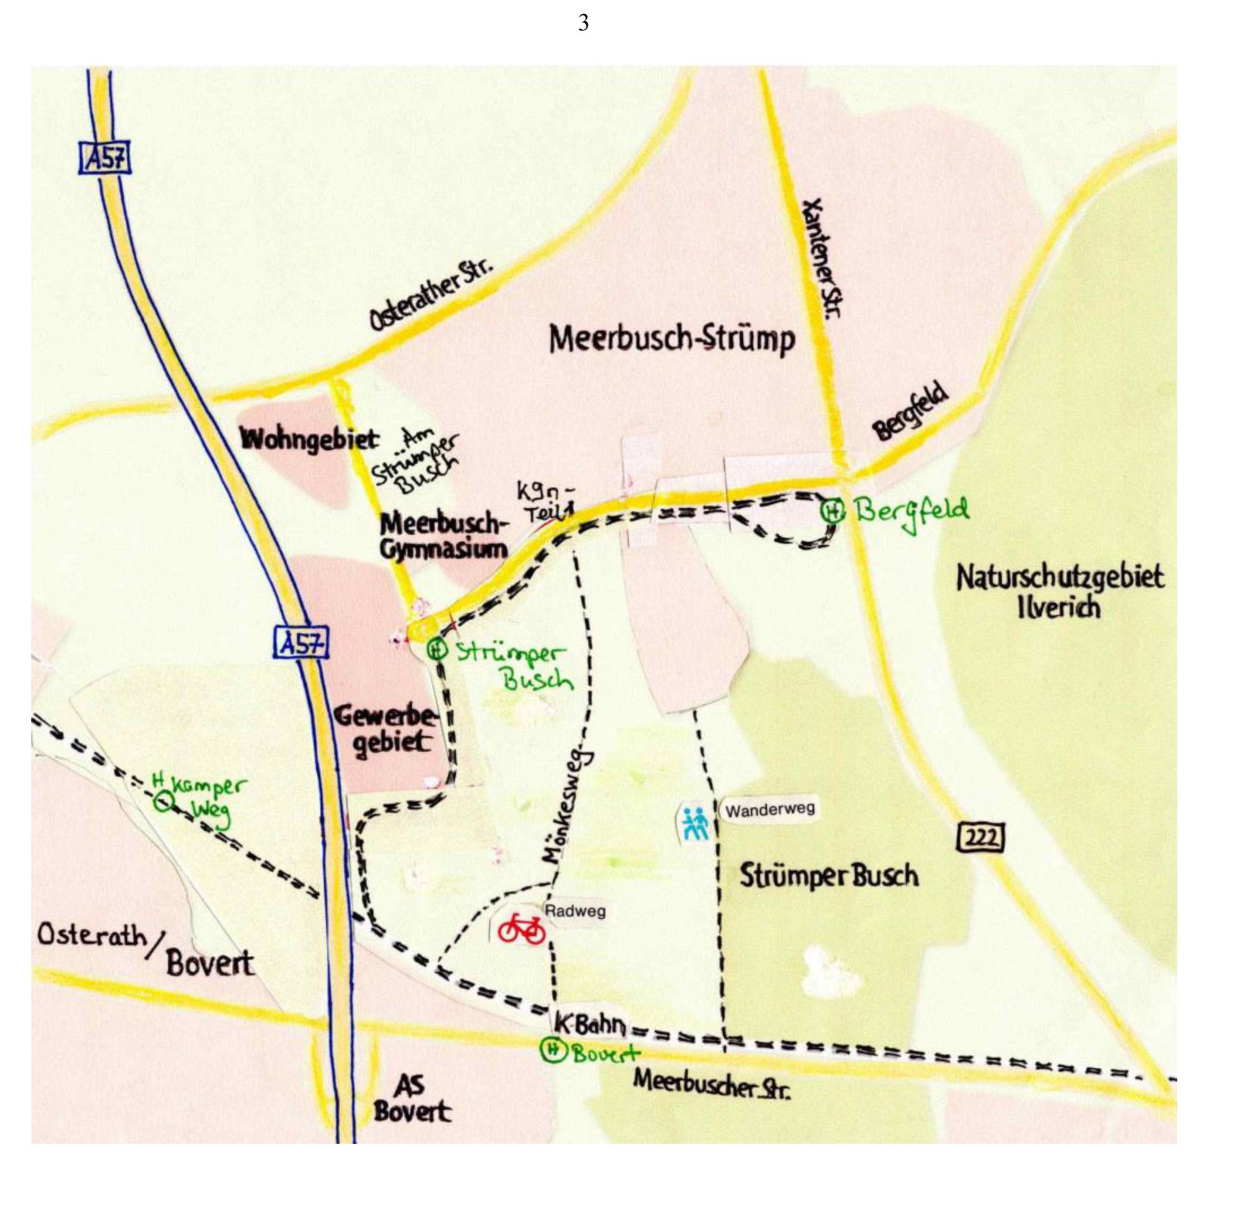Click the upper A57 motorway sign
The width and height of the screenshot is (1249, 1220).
click(105, 158)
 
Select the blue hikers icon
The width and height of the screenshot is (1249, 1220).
click(695, 823)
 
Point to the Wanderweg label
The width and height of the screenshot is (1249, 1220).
click(770, 810)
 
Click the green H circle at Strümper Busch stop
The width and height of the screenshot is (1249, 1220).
click(437, 650)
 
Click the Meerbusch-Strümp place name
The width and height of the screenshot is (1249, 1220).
click(671, 339)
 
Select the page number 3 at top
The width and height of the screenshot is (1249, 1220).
click(583, 23)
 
